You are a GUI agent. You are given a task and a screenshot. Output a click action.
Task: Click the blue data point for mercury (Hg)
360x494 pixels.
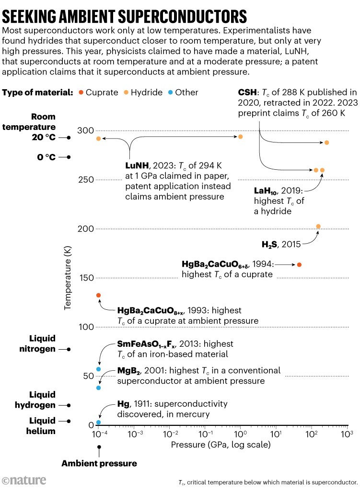98,423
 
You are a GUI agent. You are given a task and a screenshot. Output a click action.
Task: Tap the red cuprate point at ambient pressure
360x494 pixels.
98,295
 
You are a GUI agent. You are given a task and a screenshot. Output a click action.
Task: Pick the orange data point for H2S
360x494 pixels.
318,226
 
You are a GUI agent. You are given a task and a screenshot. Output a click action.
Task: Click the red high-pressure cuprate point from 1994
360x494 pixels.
300,265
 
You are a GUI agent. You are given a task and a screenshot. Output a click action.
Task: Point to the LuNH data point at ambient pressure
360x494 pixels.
98,139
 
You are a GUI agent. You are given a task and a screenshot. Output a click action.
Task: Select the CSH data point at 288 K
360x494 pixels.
327,142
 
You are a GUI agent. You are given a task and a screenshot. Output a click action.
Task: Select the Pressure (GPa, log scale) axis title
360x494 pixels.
221,445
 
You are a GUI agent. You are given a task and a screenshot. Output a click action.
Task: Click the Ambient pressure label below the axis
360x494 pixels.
99,463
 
